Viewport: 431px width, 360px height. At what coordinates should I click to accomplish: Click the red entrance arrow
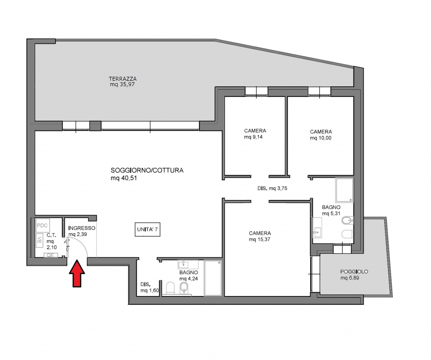tap(77, 274)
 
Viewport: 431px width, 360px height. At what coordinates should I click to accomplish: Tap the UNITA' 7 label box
tap(147, 229)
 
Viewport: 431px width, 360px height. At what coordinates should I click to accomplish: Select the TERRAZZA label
tap(122, 79)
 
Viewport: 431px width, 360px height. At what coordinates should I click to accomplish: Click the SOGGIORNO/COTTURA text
tap(147, 170)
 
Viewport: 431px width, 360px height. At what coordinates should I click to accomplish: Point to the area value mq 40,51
tap(124, 178)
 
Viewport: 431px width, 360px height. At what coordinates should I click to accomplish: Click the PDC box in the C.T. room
tap(43, 226)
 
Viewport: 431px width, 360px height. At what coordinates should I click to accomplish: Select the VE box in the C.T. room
tap(39, 240)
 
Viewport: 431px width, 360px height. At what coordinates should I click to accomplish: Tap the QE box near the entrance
tap(51, 255)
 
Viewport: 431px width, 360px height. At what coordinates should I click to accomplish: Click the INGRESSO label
tap(82, 228)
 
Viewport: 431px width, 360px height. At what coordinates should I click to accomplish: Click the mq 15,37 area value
tap(259, 240)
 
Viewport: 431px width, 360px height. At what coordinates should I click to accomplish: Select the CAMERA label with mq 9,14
tap(255, 131)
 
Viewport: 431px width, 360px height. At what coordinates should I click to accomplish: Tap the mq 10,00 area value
tap(320, 138)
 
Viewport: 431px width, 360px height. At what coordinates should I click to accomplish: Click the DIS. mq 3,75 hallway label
tap(272, 188)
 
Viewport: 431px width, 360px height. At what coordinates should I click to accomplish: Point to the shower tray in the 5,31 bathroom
tap(344, 190)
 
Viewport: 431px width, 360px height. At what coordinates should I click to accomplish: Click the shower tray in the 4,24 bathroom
tap(213, 278)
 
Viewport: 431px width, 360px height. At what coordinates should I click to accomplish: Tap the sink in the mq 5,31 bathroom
tap(317, 227)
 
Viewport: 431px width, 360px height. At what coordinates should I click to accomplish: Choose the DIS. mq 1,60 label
tap(149, 288)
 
